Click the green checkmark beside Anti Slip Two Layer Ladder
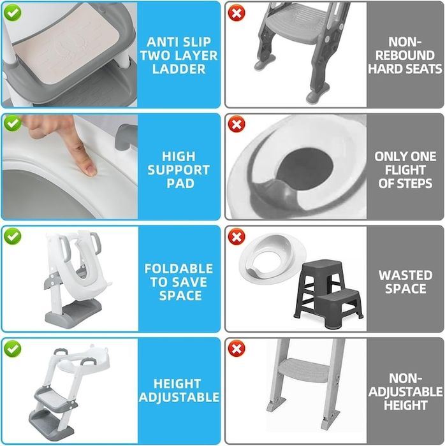click(x=12, y=13)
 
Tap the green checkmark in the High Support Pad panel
click(x=12, y=124)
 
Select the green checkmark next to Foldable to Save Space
click(x=12, y=236)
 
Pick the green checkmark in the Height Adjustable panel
click(x=12, y=349)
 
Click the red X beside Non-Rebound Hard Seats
click(x=237, y=13)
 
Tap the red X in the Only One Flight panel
click(x=237, y=124)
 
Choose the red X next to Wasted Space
click(x=237, y=236)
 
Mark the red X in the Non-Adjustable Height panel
click(x=237, y=349)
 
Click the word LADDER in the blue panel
click(x=179, y=69)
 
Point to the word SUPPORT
click(x=179, y=170)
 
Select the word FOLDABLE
click(x=179, y=268)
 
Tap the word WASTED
click(x=405, y=275)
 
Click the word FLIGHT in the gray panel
click(x=405, y=170)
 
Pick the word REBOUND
click(x=405, y=55)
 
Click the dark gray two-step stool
click(x=328, y=294)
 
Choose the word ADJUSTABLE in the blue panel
click(x=179, y=397)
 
